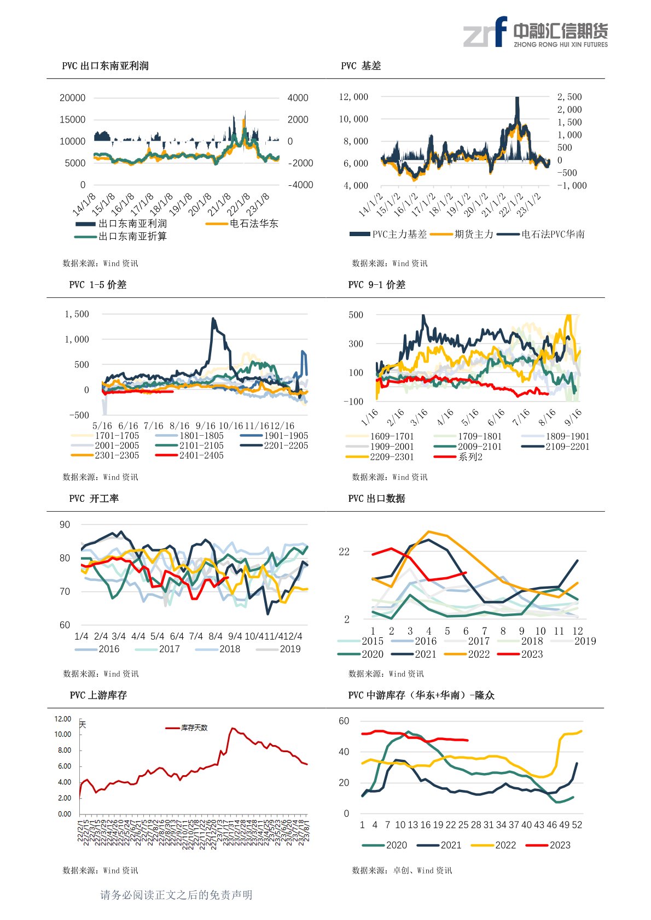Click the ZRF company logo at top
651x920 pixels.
(535, 32)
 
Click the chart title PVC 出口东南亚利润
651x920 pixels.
(105, 66)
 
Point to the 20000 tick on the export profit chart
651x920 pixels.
(72, 98)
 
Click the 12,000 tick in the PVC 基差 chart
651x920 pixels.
(353, 97)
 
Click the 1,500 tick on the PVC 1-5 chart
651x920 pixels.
(77, 314)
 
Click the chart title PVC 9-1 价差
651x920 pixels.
(376, 285)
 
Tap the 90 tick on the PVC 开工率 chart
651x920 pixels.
(65, 525)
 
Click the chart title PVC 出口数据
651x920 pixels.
(376, 499)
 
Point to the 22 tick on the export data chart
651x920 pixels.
(344, 552)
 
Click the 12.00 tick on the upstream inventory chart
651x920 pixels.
(63, 719)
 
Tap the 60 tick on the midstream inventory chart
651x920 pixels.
(344, 721)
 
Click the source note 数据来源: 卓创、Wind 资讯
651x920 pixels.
(402, 870)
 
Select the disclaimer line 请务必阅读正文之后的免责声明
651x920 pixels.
(176, 895)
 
